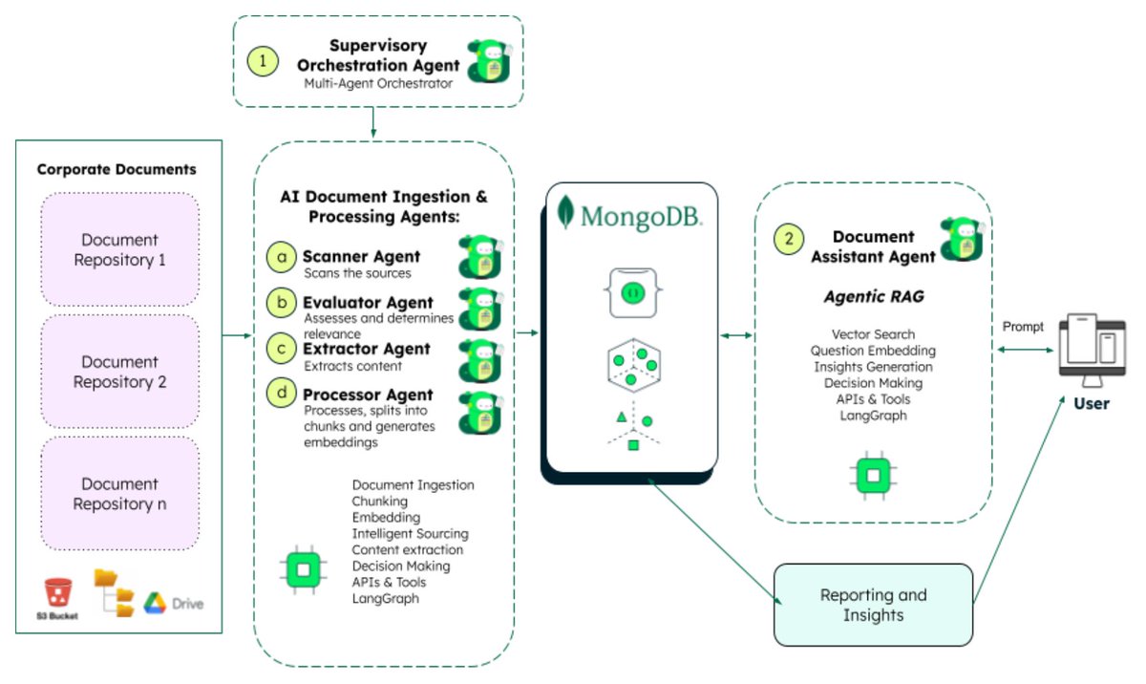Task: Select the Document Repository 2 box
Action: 119,372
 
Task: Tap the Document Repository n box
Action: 119,493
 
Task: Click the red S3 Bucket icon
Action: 58,593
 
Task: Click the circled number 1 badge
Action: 263,61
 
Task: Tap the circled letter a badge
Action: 281,257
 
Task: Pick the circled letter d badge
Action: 281,394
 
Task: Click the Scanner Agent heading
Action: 361,257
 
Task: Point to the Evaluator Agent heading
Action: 368,302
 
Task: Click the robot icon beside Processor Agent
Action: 479,412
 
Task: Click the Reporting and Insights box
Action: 873,605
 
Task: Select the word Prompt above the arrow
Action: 1023,328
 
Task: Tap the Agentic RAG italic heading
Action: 873,297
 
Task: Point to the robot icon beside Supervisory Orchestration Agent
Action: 487,64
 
